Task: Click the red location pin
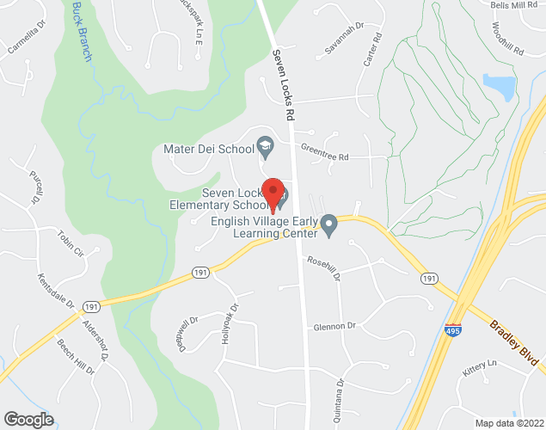(273, 194)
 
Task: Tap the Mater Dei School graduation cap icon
(266, 148)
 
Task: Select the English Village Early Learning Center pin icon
(328, 227)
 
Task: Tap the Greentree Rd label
(324, 157)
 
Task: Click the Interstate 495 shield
(452, 330)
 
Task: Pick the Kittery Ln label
(481, 367)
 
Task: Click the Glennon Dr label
(334, 326)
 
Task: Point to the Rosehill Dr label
(325, 270)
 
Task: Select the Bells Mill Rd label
(513, 5)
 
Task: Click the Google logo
(28, 420)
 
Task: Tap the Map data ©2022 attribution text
(509, 423)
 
